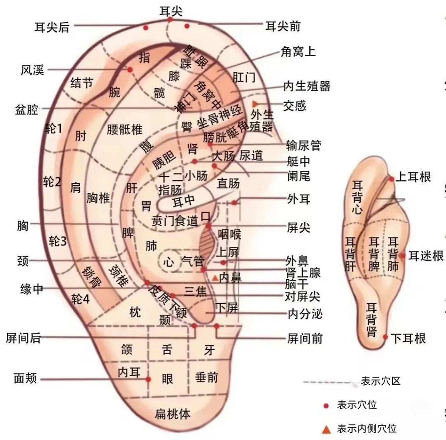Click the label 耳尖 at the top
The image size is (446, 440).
coord(171,11)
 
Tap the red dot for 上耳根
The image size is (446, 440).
coord(391,179)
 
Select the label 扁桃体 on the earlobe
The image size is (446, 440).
coord(173,414)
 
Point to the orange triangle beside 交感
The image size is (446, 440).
coord(255,103)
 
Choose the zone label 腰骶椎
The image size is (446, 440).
coord(124,129)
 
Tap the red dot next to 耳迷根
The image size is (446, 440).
coord(402,255)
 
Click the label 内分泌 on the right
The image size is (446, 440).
coord(305,314)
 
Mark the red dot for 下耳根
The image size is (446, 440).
coord(385,337)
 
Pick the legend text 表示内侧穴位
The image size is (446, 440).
coord(367,428)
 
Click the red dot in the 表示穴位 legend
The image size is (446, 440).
coord(326,406)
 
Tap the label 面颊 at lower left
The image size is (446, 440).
coord(25,378)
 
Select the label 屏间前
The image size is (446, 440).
coord(305,339)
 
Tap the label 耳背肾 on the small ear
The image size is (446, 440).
coord(372,320)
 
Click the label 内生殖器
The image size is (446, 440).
coord(307,86)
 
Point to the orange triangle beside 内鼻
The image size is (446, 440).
coord(215,278)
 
